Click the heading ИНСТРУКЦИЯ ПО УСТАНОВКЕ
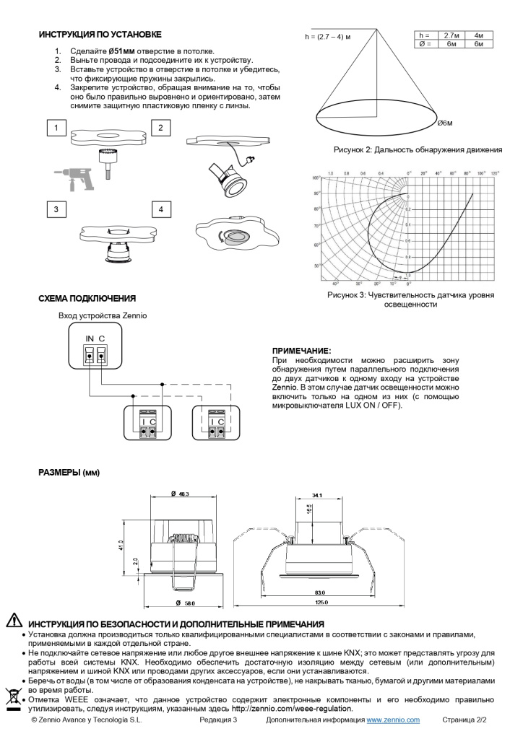point(100,35)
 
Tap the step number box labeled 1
point(56,128)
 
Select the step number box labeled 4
point(162,209)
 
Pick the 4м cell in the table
point(478,35)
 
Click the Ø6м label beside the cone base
point(445,123)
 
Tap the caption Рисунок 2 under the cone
point(417,150)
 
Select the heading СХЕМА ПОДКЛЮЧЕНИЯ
point(87,298)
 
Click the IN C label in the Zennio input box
point(95,339)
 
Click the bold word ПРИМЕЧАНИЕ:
point(301,350)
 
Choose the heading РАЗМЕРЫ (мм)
point(69,473)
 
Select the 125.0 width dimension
point(320,602)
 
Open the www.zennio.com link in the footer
point(393,720)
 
